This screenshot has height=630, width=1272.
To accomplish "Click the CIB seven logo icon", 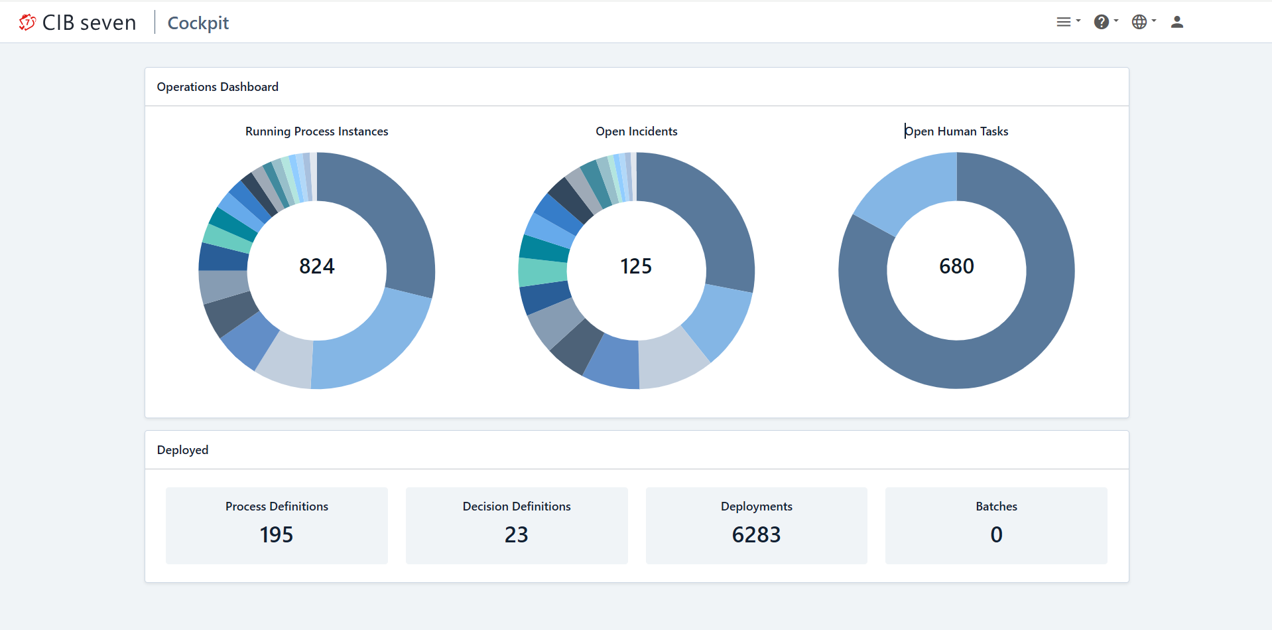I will (27, 23).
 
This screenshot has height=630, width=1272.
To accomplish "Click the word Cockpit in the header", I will (198, 23).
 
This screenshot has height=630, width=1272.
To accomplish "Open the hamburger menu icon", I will (1064, 22).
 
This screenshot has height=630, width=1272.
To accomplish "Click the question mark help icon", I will (1102, 22).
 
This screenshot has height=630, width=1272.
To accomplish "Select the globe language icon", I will (1139, 22).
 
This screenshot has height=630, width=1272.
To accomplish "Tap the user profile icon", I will (1177, 22).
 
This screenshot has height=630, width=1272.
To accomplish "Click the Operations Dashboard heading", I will (218, 87).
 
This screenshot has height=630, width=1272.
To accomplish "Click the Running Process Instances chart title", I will (316, 131).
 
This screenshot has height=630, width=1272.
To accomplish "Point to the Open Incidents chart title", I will (636, 131).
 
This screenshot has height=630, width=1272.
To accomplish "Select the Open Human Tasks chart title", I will (956, 131).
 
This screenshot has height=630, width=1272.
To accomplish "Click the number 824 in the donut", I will (316, 266).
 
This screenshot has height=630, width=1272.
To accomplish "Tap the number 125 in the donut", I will (636, 266).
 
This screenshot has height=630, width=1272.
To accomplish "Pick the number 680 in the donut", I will (956, 266).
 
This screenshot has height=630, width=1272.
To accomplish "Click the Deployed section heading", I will (182, 450).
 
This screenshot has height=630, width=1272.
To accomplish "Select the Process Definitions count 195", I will (276, 534).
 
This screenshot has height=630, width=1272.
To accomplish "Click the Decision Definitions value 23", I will (516, 534).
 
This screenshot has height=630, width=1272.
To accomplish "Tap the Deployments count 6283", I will (756, 534).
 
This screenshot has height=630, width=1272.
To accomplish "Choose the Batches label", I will (996, 507).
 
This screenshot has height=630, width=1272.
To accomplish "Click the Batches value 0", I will (996, 534).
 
